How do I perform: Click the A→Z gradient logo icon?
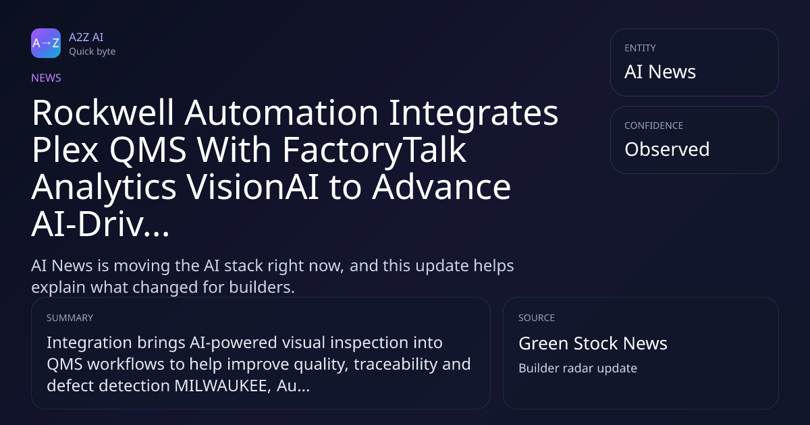point(46,43)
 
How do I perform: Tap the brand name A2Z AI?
point(86,37)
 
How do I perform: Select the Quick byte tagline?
point(92,52)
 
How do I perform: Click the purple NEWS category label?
point(47,78)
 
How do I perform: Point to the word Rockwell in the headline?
point(103,113)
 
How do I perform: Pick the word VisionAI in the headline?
point(252,187)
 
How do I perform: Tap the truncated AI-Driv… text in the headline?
point(101,224)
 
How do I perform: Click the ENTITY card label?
point(640,48)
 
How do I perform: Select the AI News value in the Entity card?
point(660,72)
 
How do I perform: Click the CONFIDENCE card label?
point(654,125)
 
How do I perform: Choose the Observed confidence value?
point(667,149)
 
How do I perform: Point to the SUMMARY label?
point(70,318)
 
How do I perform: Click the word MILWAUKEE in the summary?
point(223,386)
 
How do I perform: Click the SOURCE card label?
point(537,318)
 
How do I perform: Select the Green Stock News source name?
point(593,343)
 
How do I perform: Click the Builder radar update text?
point(578,368)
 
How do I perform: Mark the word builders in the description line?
point(262,287)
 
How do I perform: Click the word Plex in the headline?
point(65,150)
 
